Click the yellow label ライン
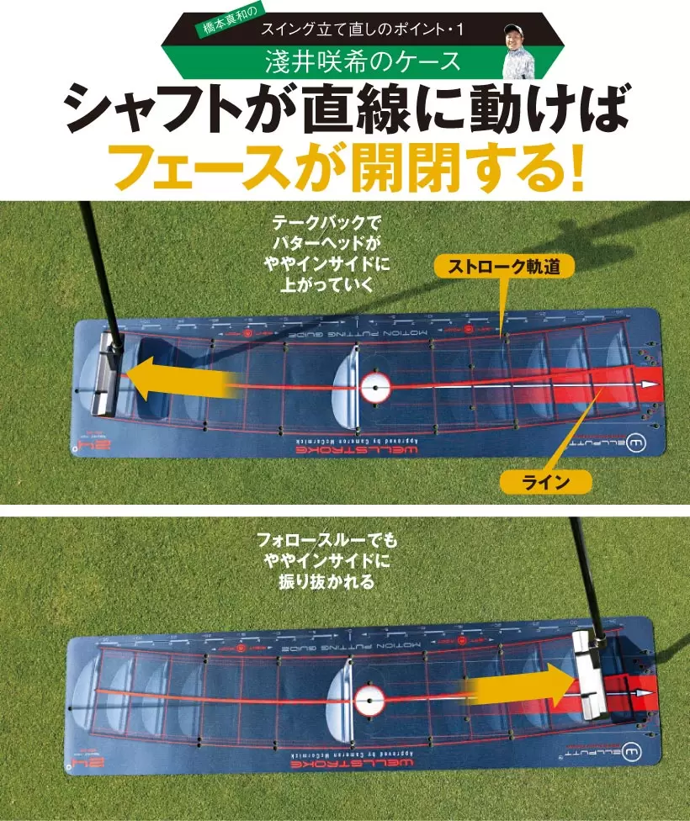point(546,481)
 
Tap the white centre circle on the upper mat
point(375,388)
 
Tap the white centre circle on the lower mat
point(368,697)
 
